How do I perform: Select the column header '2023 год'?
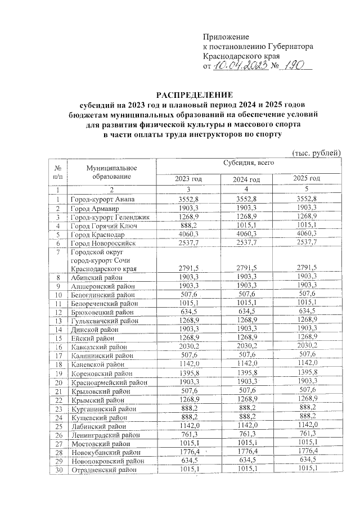[x=188, y=178]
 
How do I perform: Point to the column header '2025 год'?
[x=307, y=178]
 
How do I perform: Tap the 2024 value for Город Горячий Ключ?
[x=247, y=224]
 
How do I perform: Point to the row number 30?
[x=58, y=469]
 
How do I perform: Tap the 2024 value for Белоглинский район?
[x=247, y=294]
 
